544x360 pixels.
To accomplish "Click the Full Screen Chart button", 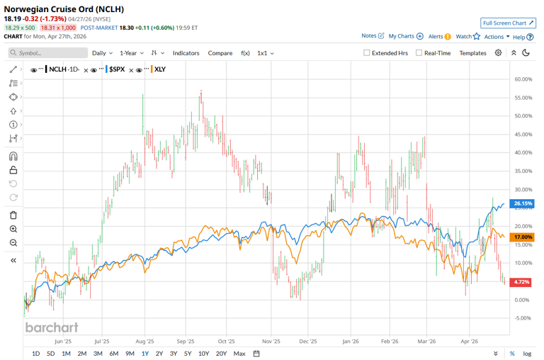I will [508, 23].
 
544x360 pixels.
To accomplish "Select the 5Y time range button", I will [188, 354].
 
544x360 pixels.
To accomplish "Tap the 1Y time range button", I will [145, 354].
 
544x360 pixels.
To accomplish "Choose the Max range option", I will [239, 354].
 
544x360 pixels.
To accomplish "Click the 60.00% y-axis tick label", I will [523, 79].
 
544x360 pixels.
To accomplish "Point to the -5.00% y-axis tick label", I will [523, 318].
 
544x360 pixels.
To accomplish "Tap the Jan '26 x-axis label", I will [351, 340].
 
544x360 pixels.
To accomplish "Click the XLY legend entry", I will [159, 69].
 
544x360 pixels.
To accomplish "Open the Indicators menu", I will [186, 53].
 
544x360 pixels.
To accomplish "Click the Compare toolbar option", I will [220, 53].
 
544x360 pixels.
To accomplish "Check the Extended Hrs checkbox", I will [367, 53].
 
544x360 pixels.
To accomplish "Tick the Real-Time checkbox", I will [419, 53].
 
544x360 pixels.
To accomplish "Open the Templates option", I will [472, 53].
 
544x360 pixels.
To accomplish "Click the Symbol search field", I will [50, 53].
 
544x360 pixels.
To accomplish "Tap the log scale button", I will [527, 354].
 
